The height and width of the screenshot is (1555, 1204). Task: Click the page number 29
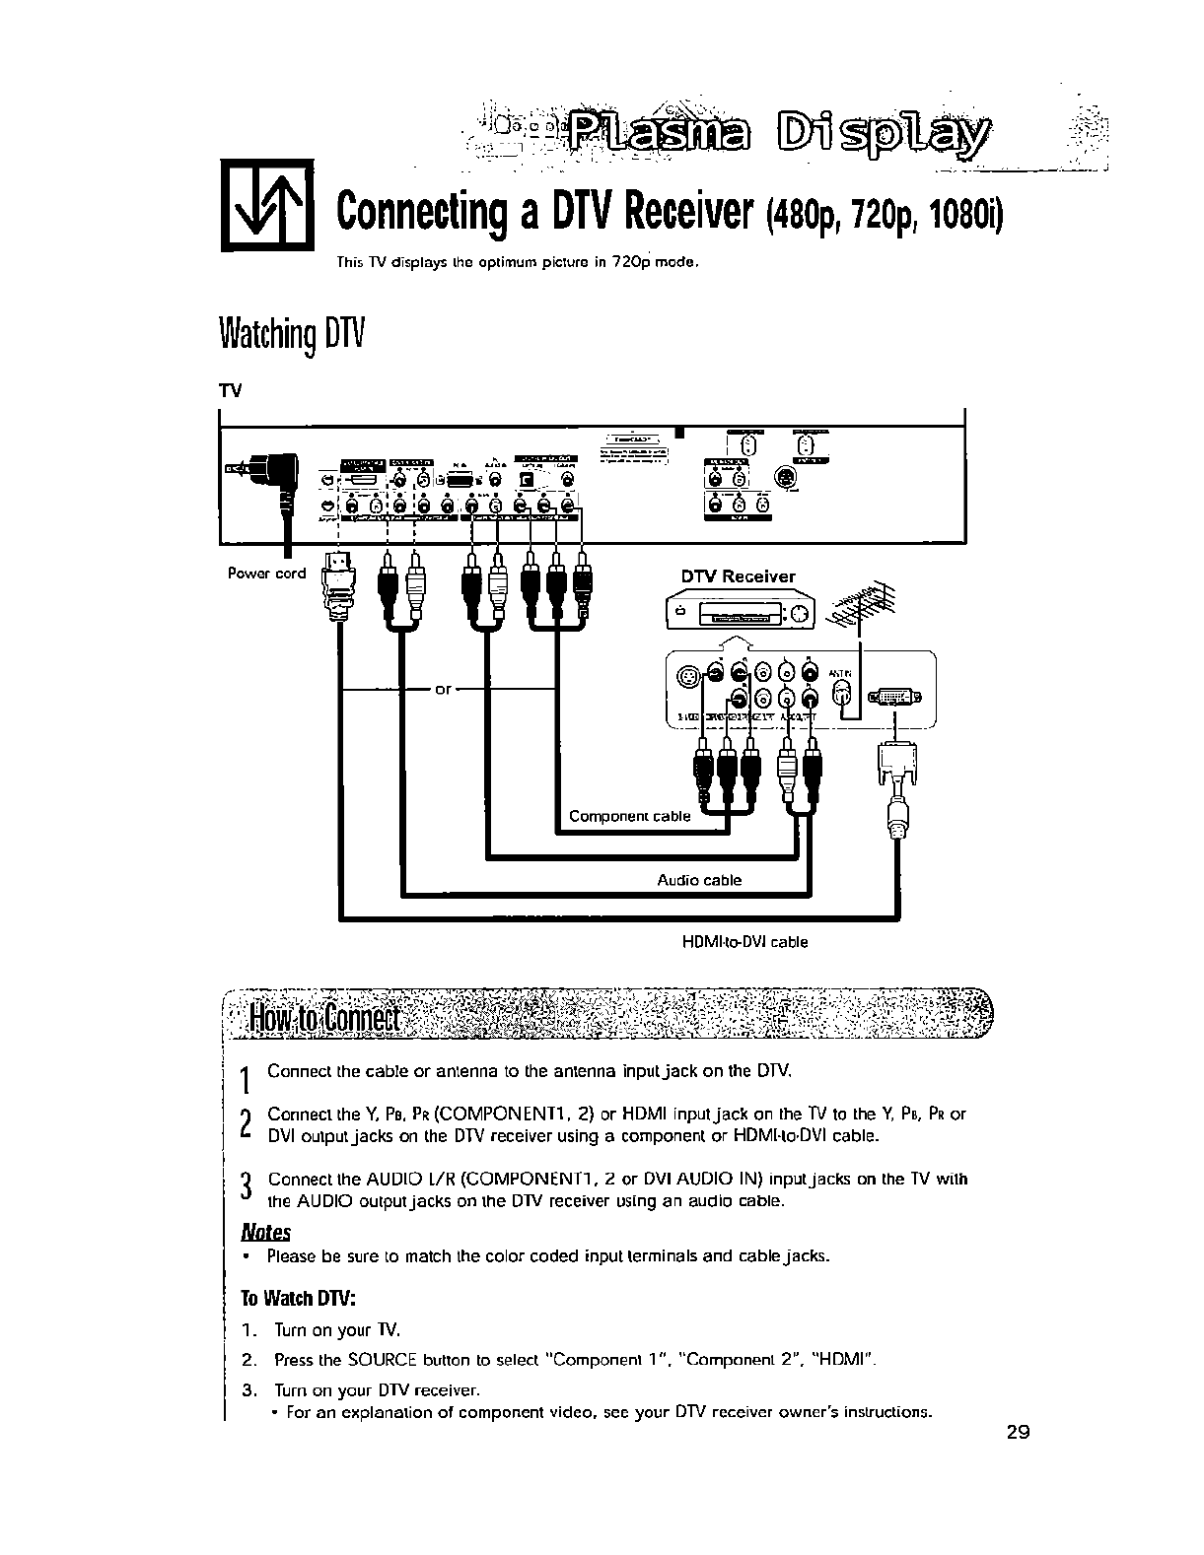pos(1019,1432)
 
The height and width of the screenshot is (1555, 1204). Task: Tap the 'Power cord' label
pos(266,573)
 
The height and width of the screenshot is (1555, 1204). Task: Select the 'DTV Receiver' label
pos(738,576)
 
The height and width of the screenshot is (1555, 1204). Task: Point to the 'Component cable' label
pos(629,816)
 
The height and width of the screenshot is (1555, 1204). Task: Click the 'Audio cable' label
pos(699,880)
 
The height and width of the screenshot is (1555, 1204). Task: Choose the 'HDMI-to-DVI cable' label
pos(744,942)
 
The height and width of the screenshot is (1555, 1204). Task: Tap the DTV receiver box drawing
pos(740,616)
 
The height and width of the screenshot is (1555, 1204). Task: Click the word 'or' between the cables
pos(444,689)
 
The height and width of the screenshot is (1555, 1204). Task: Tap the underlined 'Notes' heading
pos(266,1233)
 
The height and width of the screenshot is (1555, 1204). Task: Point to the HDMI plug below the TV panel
pos(338,582)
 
